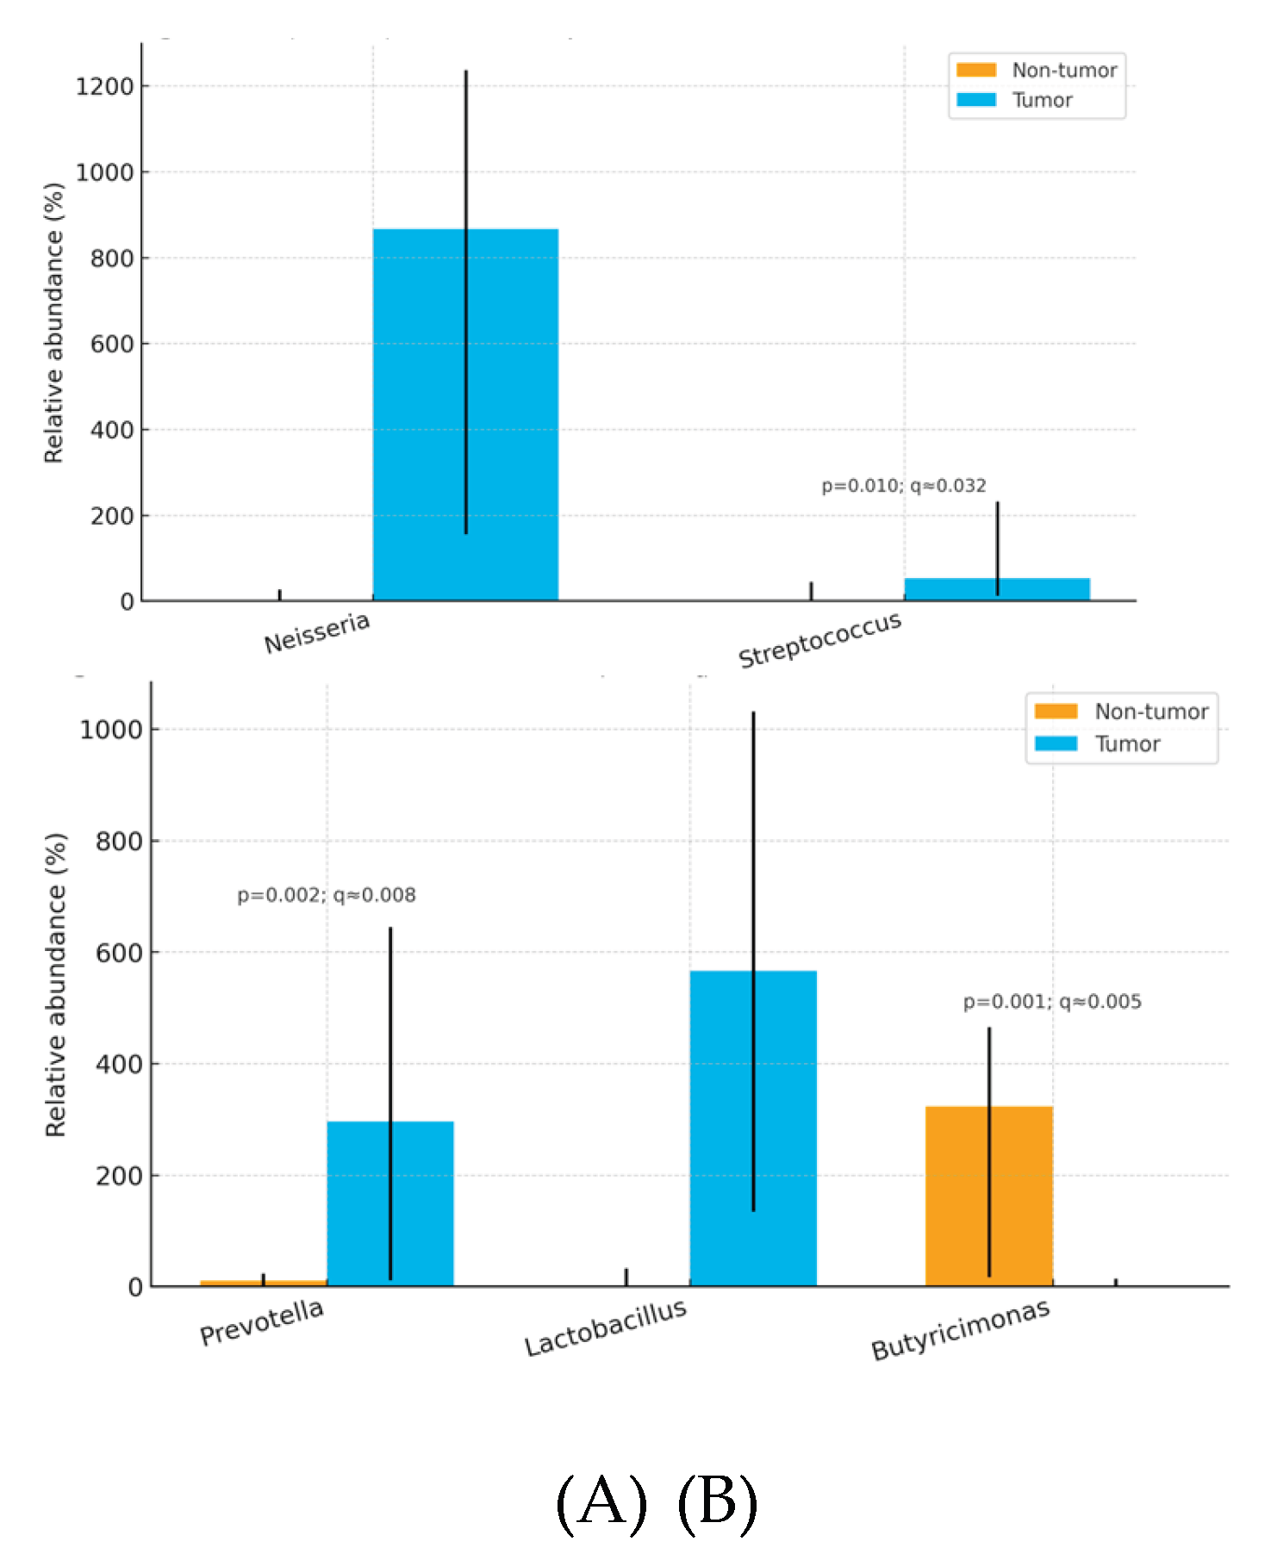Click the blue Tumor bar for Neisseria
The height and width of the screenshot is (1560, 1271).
coord(465,413)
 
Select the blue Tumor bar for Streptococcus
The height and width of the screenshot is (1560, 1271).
coord(997,589)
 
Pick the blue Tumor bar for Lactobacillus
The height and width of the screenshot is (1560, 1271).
coord(753,1128)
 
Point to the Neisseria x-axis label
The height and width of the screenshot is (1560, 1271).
coord(317,633)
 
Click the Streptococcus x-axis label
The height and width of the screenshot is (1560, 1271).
coord(819,640)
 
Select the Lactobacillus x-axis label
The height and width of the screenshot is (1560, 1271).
coord(606,1328)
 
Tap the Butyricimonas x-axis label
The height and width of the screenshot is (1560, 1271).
coord(960,1330)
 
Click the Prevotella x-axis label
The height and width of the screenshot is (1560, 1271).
coord(262,1322)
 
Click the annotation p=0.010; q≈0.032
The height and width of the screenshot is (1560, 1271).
coord(903,486)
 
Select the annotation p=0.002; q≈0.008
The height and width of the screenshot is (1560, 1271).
coord(327,895)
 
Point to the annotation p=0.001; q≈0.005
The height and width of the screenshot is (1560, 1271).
coord(1052,1002)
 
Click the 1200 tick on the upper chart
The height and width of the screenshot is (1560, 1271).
coord(105,86)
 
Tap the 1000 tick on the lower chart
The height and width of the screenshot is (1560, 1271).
coord(110,730)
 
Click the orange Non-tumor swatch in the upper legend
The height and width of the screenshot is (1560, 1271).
coord(976,70)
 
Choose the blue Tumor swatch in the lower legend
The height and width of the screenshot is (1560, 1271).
coord(1056,743)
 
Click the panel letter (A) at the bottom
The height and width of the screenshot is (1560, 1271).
coord(601,1502)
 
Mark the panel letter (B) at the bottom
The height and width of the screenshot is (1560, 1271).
coord(717,1502)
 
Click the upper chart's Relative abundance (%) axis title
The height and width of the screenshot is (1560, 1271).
coord(53,323)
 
